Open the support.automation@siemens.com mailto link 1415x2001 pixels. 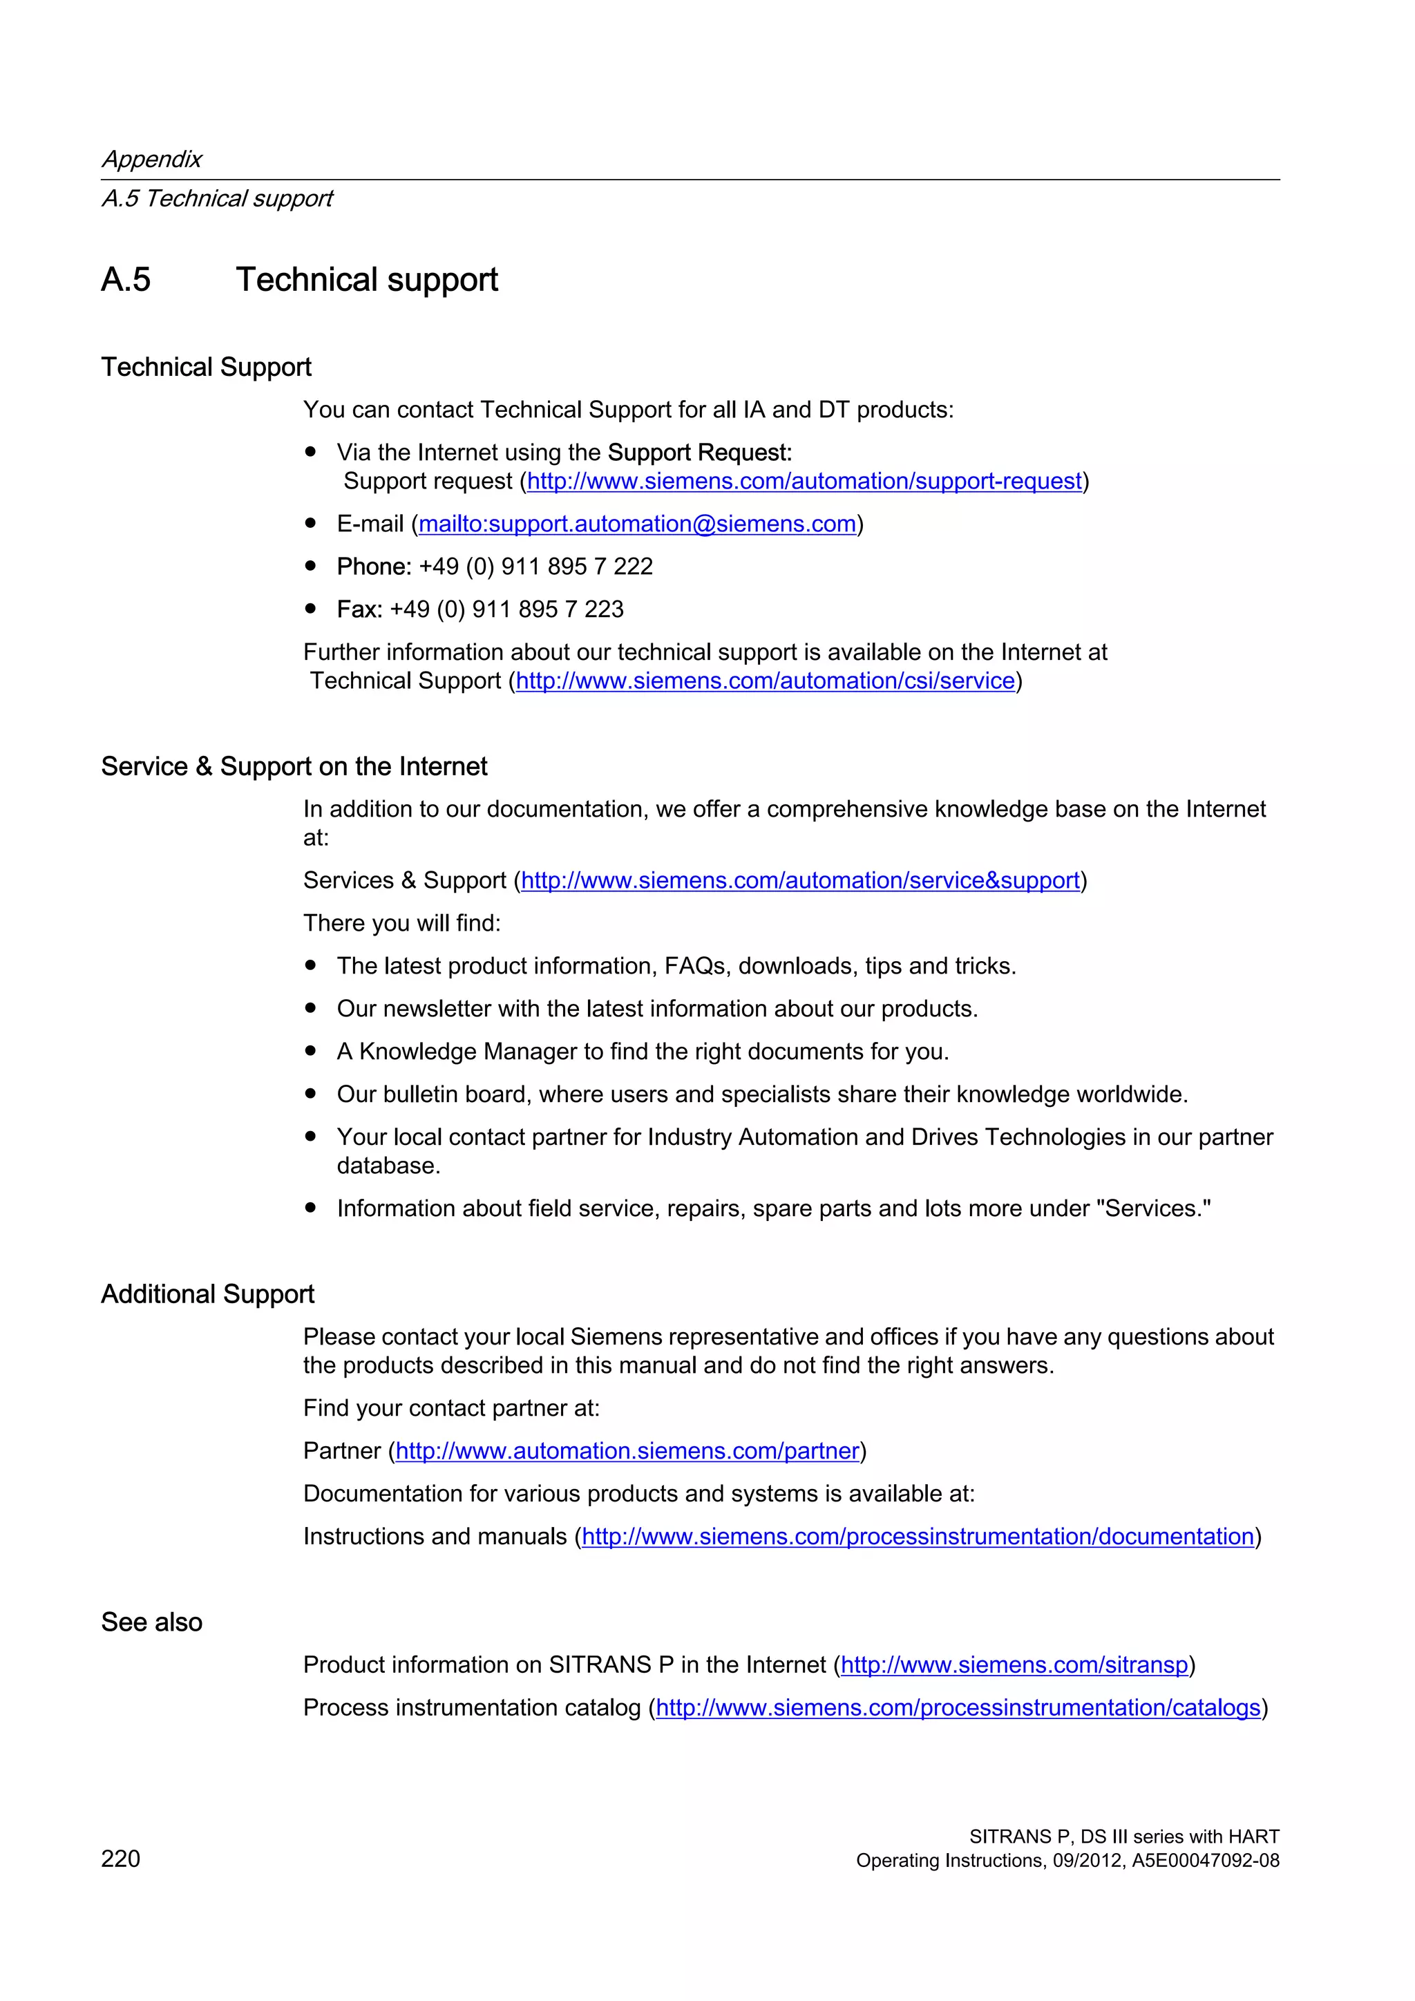pos(637,524)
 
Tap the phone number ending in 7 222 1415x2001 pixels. pos(535,567)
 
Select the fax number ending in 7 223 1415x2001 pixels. pos(506,609)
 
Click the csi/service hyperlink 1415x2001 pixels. pos(765,681)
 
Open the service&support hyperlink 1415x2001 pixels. pos(800,880)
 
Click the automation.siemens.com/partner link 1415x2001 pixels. pos(627,1450)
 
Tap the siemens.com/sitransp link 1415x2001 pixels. pos(1014,1665)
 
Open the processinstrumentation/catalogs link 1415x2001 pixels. pos(958,1707)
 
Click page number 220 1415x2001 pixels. pos(120,1858)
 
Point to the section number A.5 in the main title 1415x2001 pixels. pos(126,280)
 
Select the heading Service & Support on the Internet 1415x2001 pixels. pos(294,766)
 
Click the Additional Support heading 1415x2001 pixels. pos(207,1294)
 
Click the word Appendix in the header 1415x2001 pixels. pos(151,159)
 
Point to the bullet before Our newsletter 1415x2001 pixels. pos(310,1008)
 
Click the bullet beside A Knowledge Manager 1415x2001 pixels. pos(310,1051)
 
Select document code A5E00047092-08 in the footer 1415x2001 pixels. pos(1205,1861)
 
